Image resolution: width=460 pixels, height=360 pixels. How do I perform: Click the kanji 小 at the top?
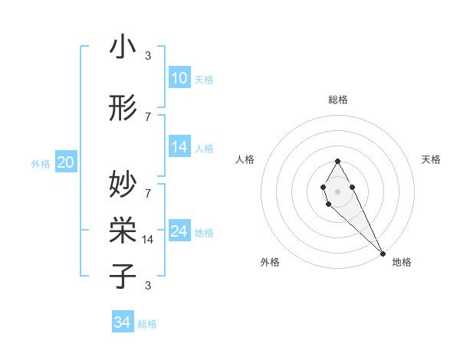123,47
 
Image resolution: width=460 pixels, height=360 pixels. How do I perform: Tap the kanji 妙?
123,184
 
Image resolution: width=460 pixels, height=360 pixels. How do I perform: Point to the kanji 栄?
123,227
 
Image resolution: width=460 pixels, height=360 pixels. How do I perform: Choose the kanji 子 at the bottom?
123,274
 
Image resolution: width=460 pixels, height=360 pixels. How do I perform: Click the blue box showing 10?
179,78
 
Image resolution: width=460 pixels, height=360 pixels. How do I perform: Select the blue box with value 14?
179,147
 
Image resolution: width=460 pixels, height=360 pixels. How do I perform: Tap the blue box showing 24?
179,231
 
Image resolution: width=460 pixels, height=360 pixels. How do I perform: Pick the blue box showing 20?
66,162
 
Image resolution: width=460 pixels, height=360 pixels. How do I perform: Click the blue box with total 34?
123,322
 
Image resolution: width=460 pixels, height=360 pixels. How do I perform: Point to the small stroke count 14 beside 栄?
148,240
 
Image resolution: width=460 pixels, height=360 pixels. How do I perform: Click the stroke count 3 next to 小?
148,56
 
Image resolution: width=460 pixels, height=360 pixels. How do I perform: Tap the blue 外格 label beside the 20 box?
41,163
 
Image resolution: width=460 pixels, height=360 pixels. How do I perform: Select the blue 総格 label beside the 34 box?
147,324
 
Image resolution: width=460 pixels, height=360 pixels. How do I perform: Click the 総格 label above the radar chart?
337,100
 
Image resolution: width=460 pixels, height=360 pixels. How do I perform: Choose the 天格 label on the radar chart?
431,159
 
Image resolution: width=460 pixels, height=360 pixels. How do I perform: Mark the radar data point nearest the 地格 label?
383,254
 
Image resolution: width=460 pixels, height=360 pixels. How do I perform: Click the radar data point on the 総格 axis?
337,161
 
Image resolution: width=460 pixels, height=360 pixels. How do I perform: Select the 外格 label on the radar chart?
270,262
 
